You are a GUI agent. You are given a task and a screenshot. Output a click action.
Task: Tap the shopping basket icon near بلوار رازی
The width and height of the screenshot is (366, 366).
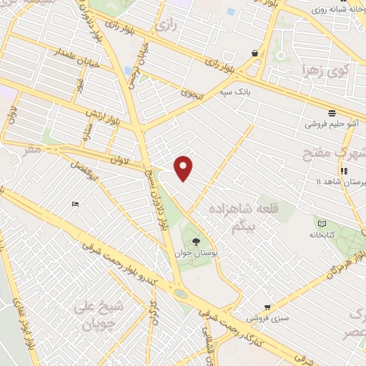tap(255, 53)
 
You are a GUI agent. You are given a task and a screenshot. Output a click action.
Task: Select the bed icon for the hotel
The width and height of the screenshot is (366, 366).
tap(76, 205)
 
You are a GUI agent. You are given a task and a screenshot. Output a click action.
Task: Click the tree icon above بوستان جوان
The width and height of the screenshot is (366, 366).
tap(197, 240)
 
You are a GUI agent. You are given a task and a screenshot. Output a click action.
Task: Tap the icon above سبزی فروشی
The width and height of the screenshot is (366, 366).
tap(267, 306)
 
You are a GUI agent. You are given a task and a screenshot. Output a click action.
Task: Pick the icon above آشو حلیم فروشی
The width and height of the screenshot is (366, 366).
tap(332, 113)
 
